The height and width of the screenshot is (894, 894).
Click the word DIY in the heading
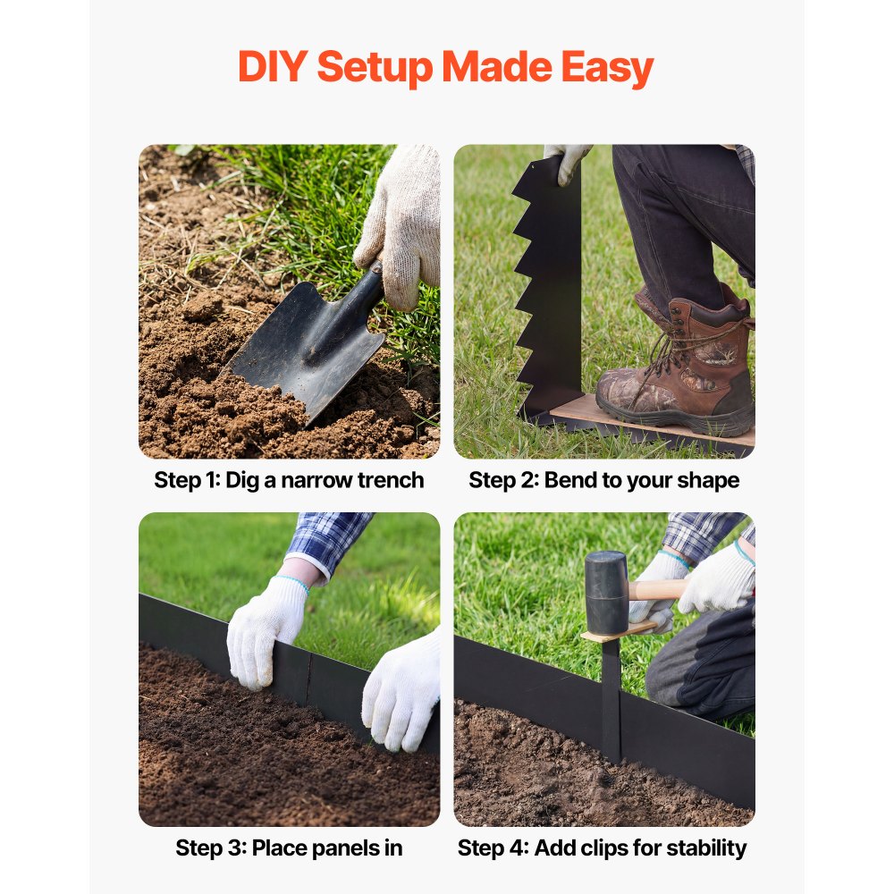tap(273, 66)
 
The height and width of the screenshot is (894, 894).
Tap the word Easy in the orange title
tap(607, 69)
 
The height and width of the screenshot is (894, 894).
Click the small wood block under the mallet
tap(618, 632)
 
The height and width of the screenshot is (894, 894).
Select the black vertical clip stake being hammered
tap(611, 700)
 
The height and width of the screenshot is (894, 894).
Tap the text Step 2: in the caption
tap(503, 481)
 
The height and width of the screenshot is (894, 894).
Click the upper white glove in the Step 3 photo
tap(266, 631)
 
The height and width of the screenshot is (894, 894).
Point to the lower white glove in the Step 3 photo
tap(402, 691)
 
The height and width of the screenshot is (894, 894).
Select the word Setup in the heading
tap(375, 69)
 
